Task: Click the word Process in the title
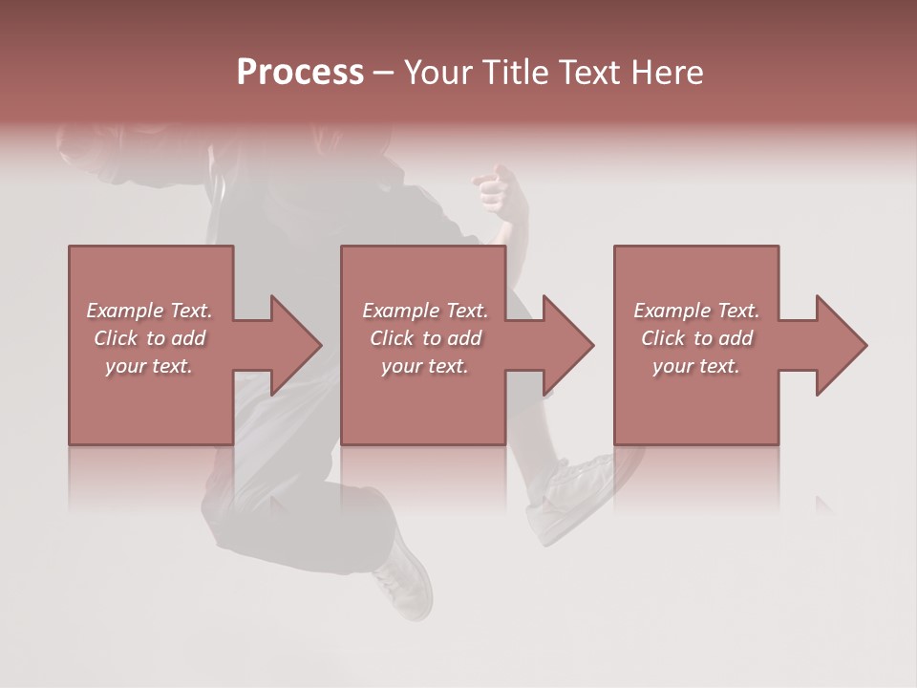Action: coord(300,72)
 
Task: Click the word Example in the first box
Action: coord(124,311)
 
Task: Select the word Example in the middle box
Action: coord(400,311)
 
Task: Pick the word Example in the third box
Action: coord(672,311)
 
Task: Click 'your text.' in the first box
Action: coord(149,366)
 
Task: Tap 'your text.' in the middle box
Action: coord(424,366)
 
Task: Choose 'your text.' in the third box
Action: coord(696,366)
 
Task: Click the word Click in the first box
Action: coord(116,338)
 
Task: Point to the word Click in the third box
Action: coord(664,338)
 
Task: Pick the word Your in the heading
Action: coord(436,72)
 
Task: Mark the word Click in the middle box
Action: coord(393,338)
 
